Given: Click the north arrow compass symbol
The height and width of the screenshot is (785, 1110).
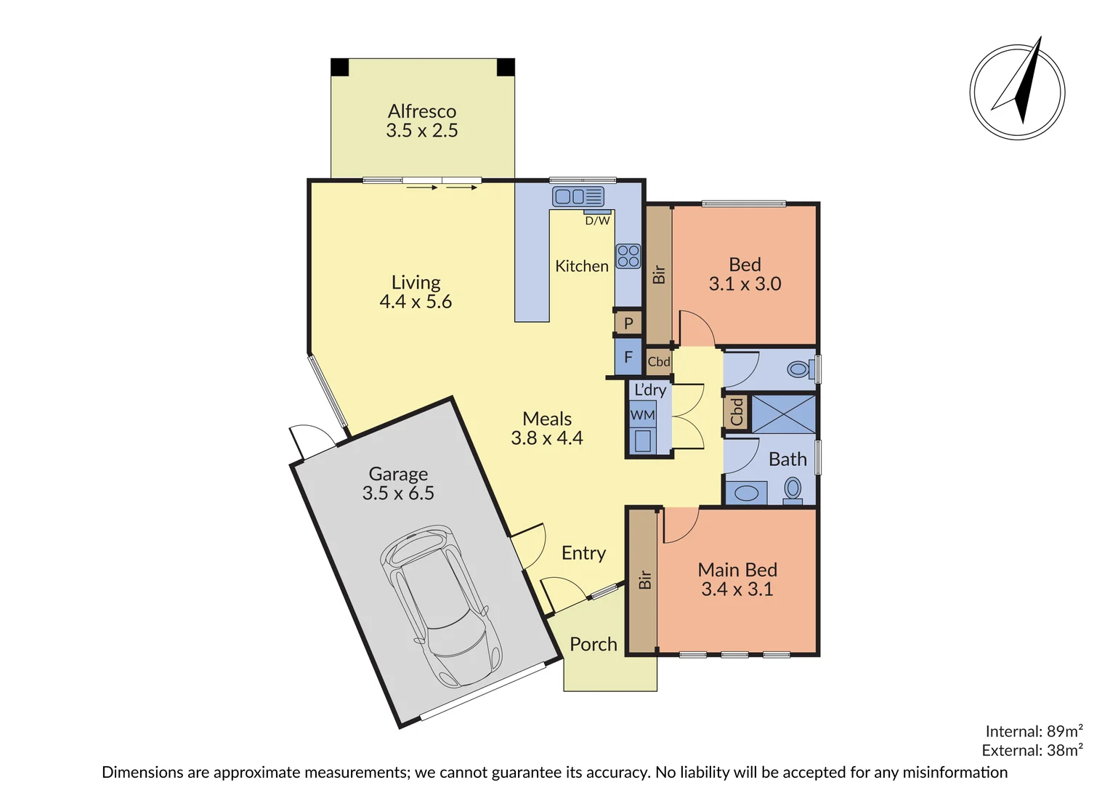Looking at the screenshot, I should click(1017, 92).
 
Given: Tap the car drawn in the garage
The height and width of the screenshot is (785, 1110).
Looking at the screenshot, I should click(440, 606).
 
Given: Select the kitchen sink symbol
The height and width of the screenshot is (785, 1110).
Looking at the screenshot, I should click(578, 196).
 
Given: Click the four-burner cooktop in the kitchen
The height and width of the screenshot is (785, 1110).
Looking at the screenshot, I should click(628, 256).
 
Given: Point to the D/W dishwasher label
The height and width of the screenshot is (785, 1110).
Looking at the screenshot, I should click(597, 220).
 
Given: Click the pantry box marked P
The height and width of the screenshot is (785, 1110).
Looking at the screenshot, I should click(628, 323).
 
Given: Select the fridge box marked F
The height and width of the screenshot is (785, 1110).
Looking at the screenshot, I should click(628, 358).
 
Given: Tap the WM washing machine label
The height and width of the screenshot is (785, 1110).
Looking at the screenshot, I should click(642, 415).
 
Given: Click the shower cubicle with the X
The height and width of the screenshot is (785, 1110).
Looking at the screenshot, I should click(782, 414).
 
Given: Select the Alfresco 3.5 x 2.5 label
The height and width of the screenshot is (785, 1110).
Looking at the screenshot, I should click(422, 121).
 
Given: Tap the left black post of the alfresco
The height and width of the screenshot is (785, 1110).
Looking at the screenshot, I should click(340, 68).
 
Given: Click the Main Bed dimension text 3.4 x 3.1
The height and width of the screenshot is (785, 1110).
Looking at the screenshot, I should click(737, 589).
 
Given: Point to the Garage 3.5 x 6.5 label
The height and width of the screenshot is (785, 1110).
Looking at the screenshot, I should click(398, 483).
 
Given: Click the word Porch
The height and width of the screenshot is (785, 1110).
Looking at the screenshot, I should click(593, 644).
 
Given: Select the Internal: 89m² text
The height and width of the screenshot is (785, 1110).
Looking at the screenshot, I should click(1033, 731).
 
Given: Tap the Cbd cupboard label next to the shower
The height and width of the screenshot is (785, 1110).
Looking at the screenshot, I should click(737, 412).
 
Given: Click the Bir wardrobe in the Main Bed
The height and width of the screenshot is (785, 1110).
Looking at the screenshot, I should click(643, 580).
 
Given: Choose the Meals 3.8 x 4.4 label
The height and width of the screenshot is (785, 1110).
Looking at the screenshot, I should click(547, 428).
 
